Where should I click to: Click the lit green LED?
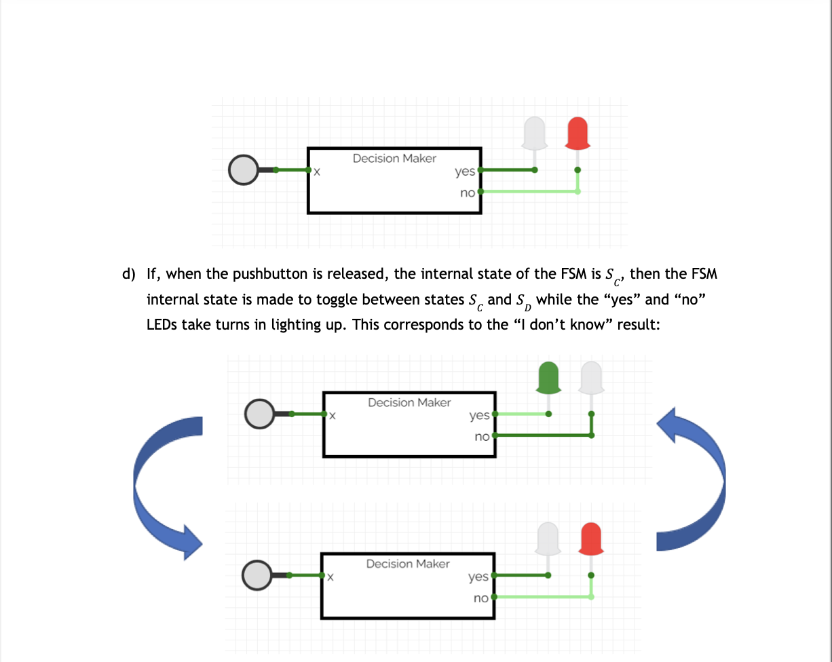(x=548, y=378)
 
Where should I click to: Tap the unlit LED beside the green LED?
(x=591, y=378)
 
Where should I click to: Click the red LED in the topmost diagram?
(x=578, y=133)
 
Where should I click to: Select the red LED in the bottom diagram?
(x=591, y=539)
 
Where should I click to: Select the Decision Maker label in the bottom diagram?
(x=407, y=564)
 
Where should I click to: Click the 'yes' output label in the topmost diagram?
(x=465, y=172)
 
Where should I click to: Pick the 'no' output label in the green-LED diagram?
(x=482, y=437)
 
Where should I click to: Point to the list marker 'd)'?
(x=129, y=274)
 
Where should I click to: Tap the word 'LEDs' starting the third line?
(x=162, y=324)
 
